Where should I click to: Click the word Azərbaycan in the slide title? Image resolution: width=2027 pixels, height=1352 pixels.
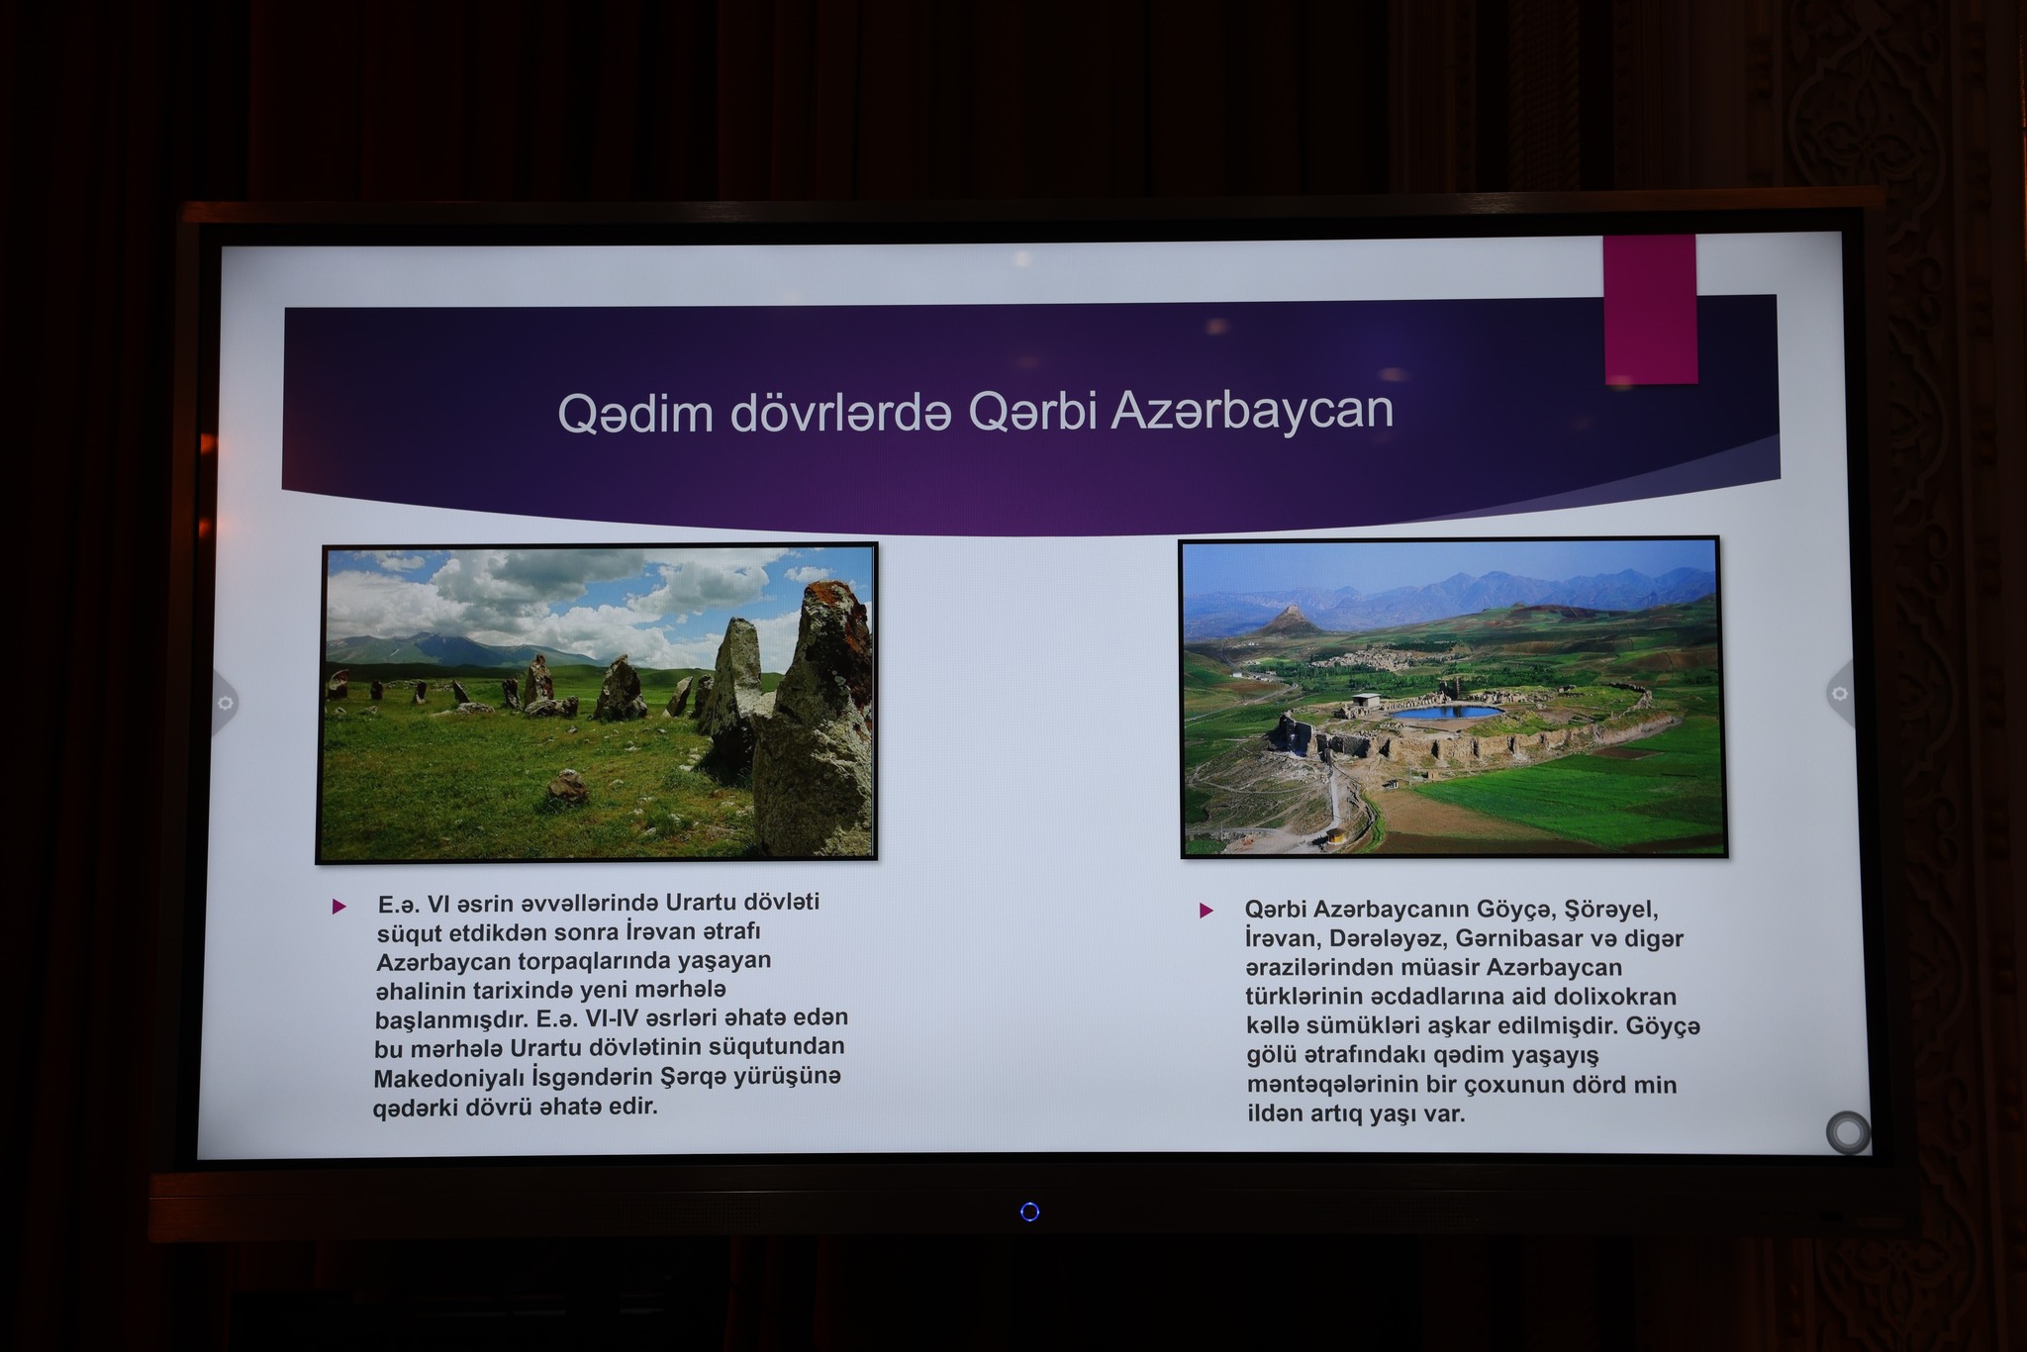pos(1252,410)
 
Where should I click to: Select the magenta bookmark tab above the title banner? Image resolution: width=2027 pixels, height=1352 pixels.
pos(1650,309)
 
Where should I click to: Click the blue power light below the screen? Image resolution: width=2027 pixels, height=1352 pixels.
pos(1029,1211)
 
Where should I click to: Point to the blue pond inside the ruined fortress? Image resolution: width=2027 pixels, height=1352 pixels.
pos(1444,712)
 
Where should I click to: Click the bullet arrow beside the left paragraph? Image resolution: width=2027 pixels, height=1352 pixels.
pos(339,906)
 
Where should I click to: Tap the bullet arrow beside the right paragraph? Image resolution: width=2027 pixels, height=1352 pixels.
pos(1206,910)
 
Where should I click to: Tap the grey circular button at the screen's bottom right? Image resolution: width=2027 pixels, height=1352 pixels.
pos(1847,1132)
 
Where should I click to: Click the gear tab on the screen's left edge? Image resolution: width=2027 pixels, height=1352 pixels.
pos(225,702)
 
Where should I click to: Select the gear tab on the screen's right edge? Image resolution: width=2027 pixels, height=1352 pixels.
pos(1838,694)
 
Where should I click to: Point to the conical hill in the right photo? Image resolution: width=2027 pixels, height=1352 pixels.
pos(1291,621)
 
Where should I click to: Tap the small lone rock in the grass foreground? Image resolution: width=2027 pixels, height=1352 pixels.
pos(567,788)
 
